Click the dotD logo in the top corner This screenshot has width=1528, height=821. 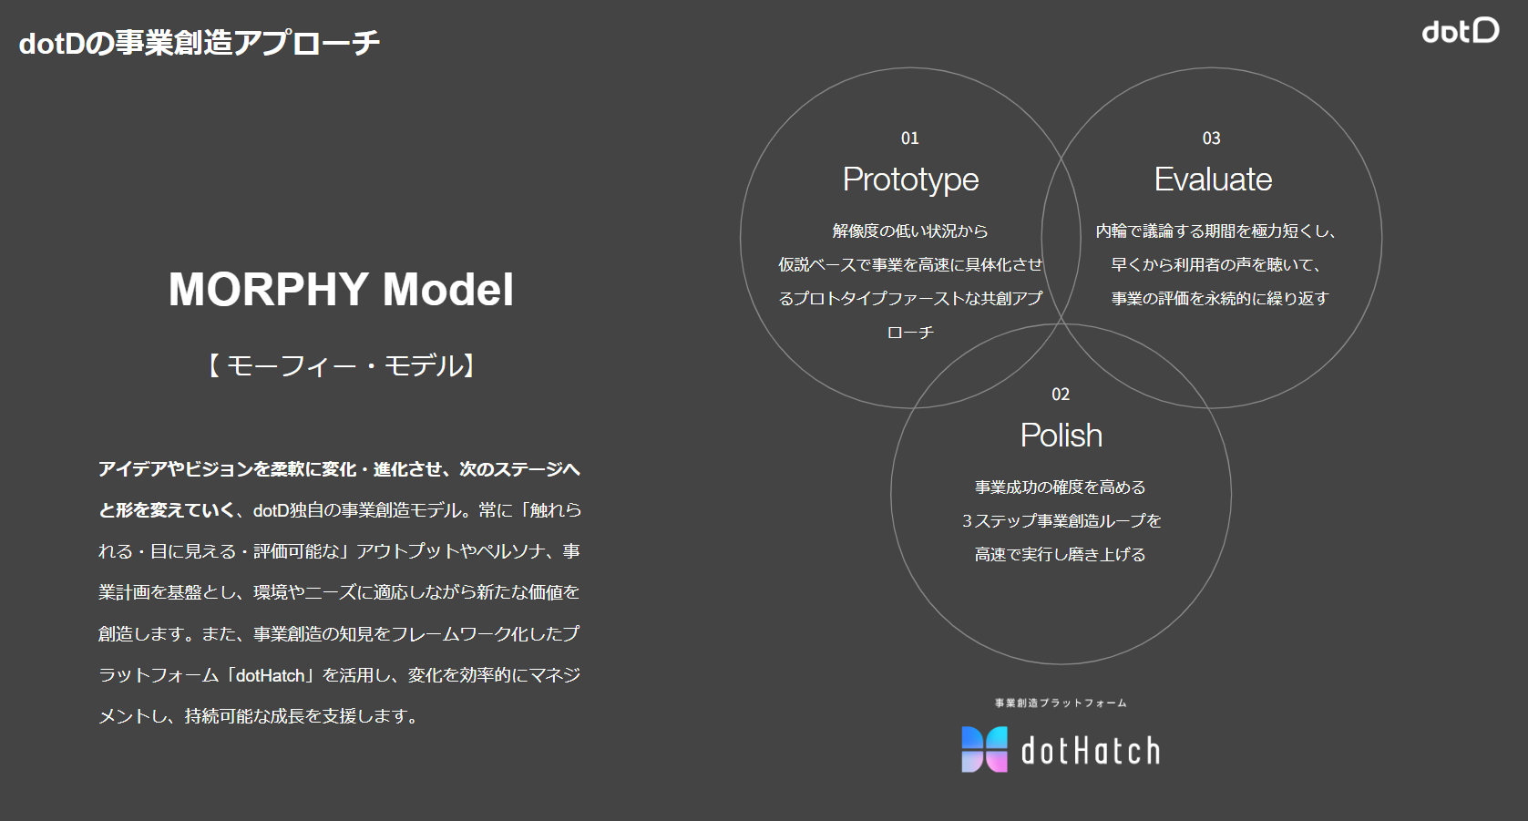[x=1461, y=31]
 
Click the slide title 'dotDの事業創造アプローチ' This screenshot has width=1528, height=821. [x=200, y=43]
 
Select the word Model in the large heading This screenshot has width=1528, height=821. [x=447, y=290]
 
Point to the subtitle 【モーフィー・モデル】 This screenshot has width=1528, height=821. [x=341, y=365]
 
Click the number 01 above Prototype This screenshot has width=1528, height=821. [x=910, y=139]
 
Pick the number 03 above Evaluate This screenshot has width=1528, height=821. [x=1212, y=139]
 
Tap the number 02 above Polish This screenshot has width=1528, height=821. [x=1061, y=395]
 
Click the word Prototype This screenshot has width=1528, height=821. [x=910, y=180]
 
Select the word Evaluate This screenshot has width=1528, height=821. [x=1213, y=180]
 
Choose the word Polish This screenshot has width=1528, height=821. [x=1061, y=436]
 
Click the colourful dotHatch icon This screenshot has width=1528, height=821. [x=984, y=749]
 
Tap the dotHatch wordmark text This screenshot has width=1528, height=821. [x=1090, y=751]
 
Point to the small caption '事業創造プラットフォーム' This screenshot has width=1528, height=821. [x=1061, y=703]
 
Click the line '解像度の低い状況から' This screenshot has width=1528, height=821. [x=910, y=231]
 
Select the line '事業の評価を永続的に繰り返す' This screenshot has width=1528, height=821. [x=1220, y=299]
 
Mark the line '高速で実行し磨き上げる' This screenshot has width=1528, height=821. [x=1060, y=555]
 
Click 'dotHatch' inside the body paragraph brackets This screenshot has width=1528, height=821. [x=270, y=675]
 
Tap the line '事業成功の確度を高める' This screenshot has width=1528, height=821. [x=1060, y=487]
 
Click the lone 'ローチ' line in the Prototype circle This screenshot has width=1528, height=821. [x=910, y=333]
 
